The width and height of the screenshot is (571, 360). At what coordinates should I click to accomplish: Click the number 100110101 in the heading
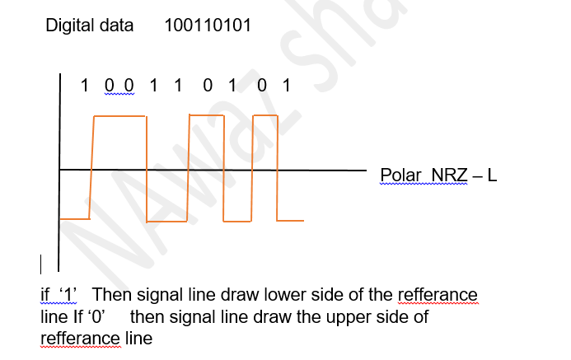(x=208, y=26)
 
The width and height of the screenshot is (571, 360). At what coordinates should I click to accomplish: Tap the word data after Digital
(x=117, y=26)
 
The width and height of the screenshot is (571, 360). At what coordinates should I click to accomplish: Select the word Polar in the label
(x=401, y=175)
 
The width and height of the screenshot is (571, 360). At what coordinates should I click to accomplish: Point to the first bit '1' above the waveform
(x=84, y=85)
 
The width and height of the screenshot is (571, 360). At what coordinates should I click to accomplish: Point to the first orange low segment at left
(x=75, y=218)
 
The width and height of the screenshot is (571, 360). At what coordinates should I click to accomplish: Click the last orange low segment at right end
(x=290, y=220)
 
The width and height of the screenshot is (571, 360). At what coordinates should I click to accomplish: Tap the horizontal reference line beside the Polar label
(x=330, y=171)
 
